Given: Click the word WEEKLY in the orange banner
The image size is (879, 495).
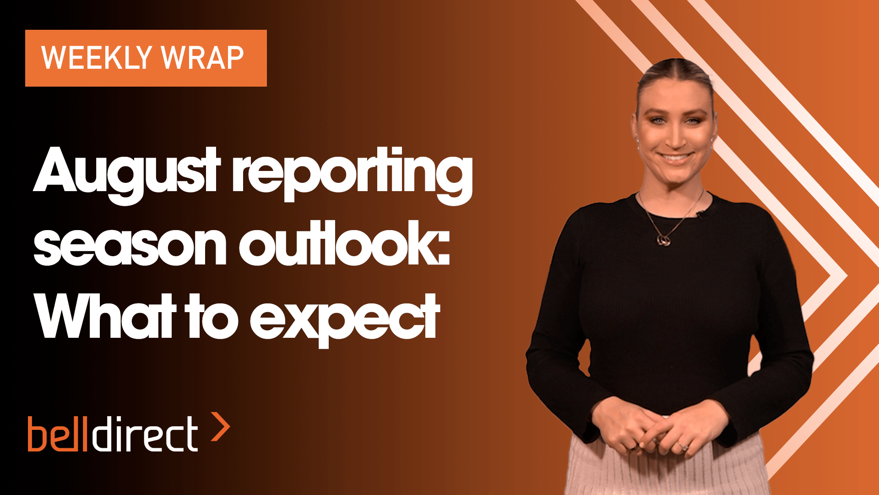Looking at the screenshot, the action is tap(97, 58).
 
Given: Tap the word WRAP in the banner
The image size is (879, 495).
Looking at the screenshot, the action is tap(202, 58).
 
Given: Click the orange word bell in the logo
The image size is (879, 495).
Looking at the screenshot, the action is tap(58, 434).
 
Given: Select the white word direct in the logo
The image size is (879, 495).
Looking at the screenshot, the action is tap(145, 434).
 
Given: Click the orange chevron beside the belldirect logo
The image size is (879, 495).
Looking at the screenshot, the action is tap(221, 427).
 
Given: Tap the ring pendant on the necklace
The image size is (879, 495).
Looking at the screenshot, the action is tap(663, 240).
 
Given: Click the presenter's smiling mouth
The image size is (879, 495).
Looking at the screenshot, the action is tap(676, 158).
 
